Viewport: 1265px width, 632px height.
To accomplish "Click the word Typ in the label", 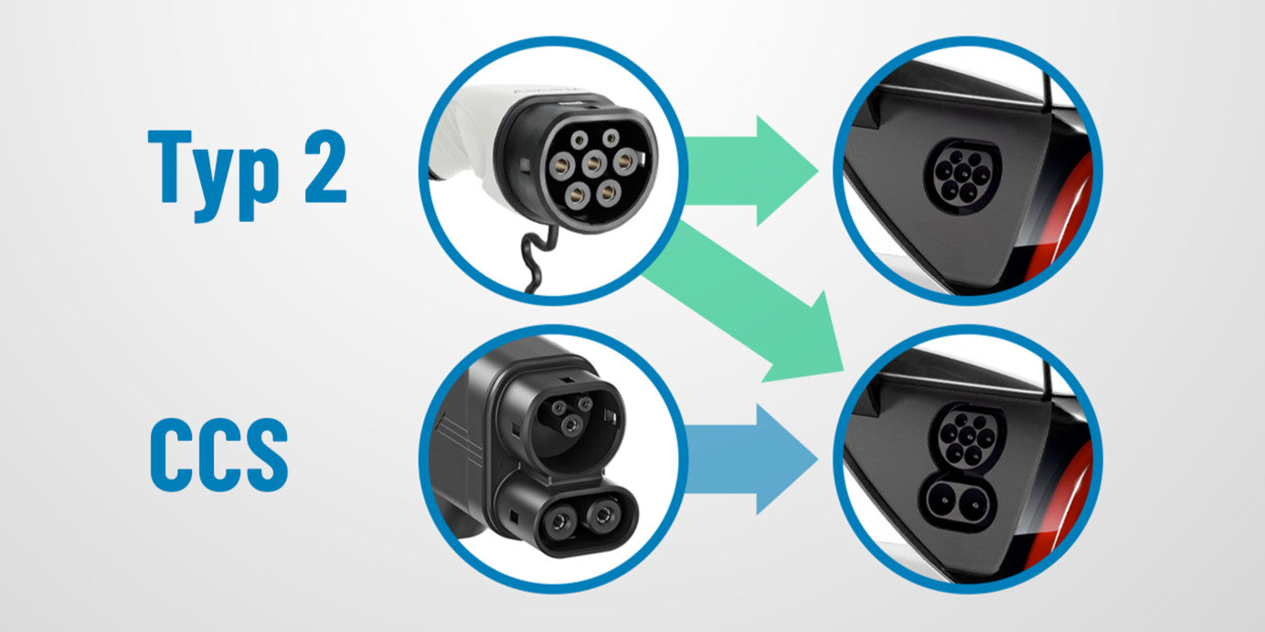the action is point(214,175).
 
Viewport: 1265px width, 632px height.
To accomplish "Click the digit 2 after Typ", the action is point(326,166).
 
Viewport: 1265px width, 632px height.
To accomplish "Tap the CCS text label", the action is point(219,455).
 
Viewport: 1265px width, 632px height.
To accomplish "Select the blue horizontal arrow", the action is point(751,458).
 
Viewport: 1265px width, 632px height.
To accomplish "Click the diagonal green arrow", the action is point(746,305).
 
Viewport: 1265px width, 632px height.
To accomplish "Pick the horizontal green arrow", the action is point(751,171).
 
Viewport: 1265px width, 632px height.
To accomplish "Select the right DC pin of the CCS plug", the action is point(605,514).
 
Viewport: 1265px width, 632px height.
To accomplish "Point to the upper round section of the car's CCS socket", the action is point(967,437).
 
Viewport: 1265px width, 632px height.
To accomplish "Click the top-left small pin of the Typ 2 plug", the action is point(579,140).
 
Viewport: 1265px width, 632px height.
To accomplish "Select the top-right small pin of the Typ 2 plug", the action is point(611,138).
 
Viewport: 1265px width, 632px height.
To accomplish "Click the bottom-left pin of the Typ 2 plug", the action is point(577,195).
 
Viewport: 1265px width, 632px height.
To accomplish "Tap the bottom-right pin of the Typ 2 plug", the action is point(608,193).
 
